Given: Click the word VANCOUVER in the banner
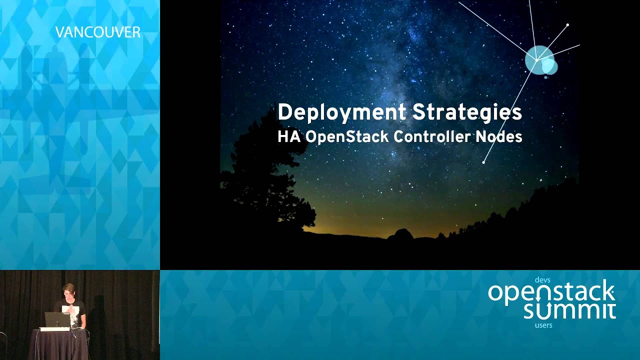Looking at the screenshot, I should click(97, 33).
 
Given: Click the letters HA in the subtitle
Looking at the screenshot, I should click(288, 136).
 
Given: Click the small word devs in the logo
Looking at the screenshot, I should click(542, 280).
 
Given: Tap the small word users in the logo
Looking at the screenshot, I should click(543, 325).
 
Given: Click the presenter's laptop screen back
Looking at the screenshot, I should click(57, 319).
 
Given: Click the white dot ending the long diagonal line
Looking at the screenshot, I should click(483, 162).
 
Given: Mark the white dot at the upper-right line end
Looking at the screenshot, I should click(567, 24).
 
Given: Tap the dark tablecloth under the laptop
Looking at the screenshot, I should click(57, 345).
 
